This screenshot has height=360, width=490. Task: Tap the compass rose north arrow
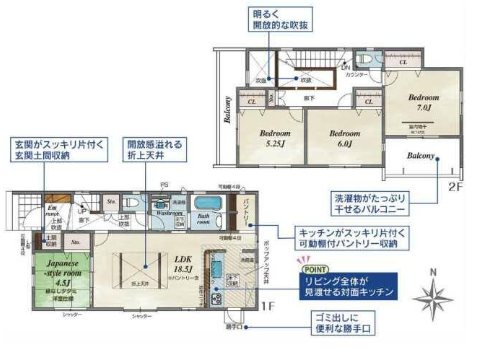[x=431, y=299]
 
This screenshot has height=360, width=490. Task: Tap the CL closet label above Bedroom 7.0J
[x=403, y=63]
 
